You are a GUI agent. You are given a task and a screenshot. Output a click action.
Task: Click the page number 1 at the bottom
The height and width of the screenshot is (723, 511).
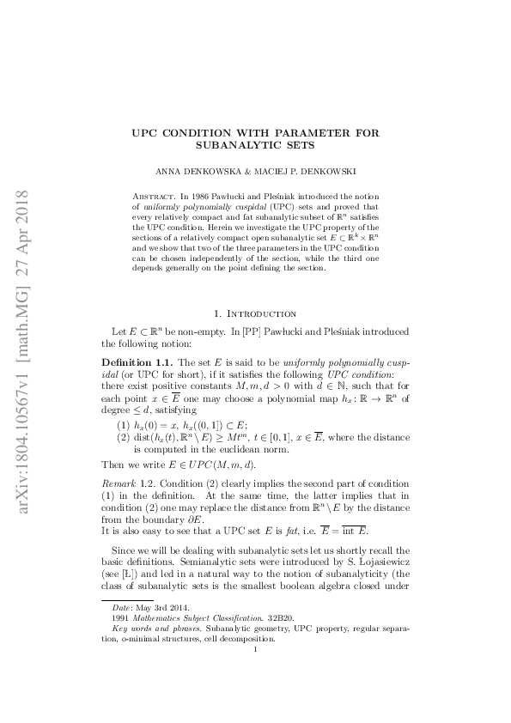(x=256, y=672)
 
